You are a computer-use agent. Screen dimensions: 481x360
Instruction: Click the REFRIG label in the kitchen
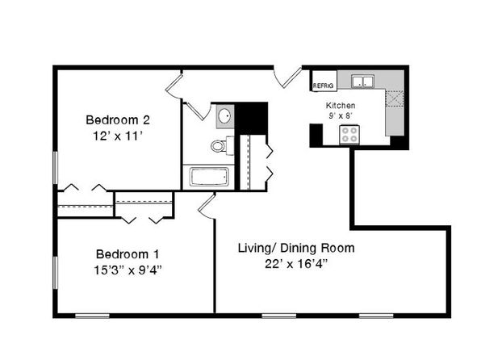[x=323, y=86]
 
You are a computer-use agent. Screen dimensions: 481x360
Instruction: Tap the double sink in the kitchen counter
[x=362, y=82]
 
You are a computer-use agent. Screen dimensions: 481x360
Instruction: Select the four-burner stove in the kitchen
[x=349, y=135]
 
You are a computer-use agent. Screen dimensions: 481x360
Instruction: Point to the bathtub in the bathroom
[x=209, y=177]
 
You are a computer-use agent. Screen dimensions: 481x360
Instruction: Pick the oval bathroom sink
[x=224, y=116]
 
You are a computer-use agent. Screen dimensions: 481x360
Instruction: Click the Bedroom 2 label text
[x=118, y=119]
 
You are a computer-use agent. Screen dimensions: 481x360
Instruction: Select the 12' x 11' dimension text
[x=118, y=136]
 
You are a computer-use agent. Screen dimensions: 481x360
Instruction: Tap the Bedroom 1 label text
[x=128, y=254]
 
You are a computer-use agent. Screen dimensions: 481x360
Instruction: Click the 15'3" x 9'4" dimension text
[x=128, y=270]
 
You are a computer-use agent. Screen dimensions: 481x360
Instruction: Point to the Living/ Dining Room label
[x=296, y=248]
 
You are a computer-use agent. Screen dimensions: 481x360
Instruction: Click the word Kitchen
[x=341, y=106]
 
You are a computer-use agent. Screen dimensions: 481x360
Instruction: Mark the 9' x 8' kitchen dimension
[x=341, y=115]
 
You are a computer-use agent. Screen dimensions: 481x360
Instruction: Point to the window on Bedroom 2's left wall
[x=56, y=167]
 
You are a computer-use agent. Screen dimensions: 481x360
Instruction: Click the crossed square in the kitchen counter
[x=394, y=98]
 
